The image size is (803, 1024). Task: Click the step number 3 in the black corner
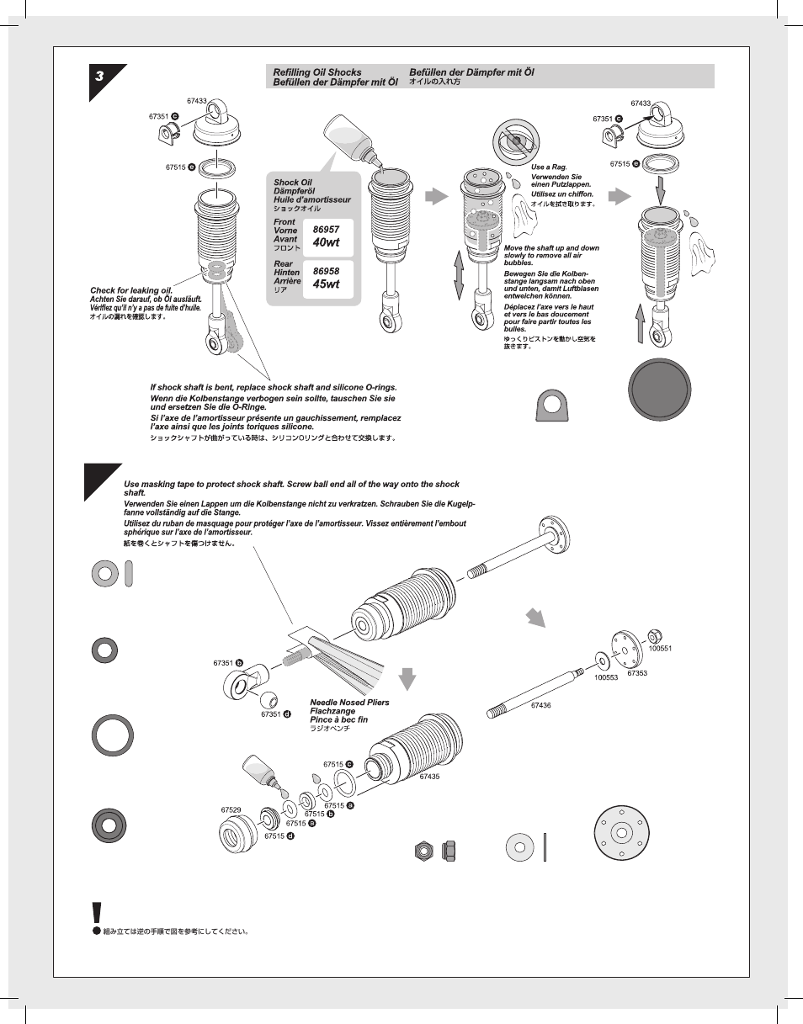point(100,77)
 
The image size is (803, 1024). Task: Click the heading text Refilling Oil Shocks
point(316,73)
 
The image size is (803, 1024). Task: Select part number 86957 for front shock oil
point(326,229)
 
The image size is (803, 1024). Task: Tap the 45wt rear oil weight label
point(326,284)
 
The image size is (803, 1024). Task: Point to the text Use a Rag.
point(549,167)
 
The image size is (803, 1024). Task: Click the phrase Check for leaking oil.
point(131,290)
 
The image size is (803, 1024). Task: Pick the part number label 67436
point(540,705)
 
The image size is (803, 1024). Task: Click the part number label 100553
point(606,677)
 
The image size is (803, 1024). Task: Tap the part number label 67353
point(637,673)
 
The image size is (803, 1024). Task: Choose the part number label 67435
point(430,777)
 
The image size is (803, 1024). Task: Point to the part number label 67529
point(231,809)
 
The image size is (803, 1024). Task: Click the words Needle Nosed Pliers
point(349,702)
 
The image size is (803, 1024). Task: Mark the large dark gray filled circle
point(660,390)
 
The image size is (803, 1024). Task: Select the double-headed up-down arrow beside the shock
point(459,274)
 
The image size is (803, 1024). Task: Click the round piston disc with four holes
point(620,832)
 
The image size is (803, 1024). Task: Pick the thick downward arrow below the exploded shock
point(407,677)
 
